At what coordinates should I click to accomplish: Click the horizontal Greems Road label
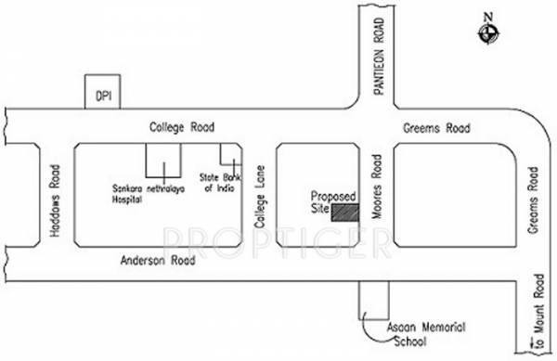click(438, 127)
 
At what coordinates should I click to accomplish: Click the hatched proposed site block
click(347, 211)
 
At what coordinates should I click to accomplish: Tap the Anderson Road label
click(158, 263)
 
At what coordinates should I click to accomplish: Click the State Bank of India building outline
click(227, 155)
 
